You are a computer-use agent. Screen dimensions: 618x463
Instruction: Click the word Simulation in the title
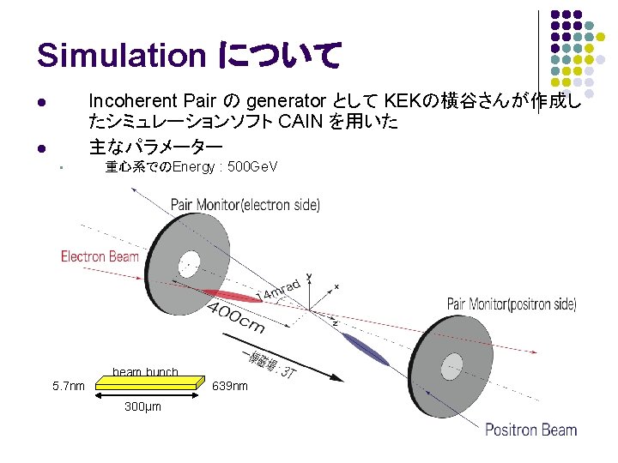pos(121,56)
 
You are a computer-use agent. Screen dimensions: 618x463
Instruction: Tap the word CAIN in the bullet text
pos(302,122)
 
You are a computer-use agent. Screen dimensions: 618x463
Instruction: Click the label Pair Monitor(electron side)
pos(245,205)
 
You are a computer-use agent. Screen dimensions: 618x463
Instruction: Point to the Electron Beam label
pos(100,256)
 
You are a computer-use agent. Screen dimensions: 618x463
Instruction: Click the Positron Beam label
pos(530,430)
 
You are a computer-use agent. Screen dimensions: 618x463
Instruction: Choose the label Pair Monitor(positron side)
pos(512,304)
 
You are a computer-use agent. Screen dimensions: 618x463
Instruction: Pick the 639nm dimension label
pos(229,386)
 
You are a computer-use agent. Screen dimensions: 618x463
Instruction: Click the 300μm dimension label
pos(142,406)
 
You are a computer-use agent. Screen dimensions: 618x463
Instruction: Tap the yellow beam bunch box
pos(148,384)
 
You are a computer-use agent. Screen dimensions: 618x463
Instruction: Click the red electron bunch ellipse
pos(232,295)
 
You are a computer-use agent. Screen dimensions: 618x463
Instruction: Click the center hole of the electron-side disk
pos(190,262)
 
